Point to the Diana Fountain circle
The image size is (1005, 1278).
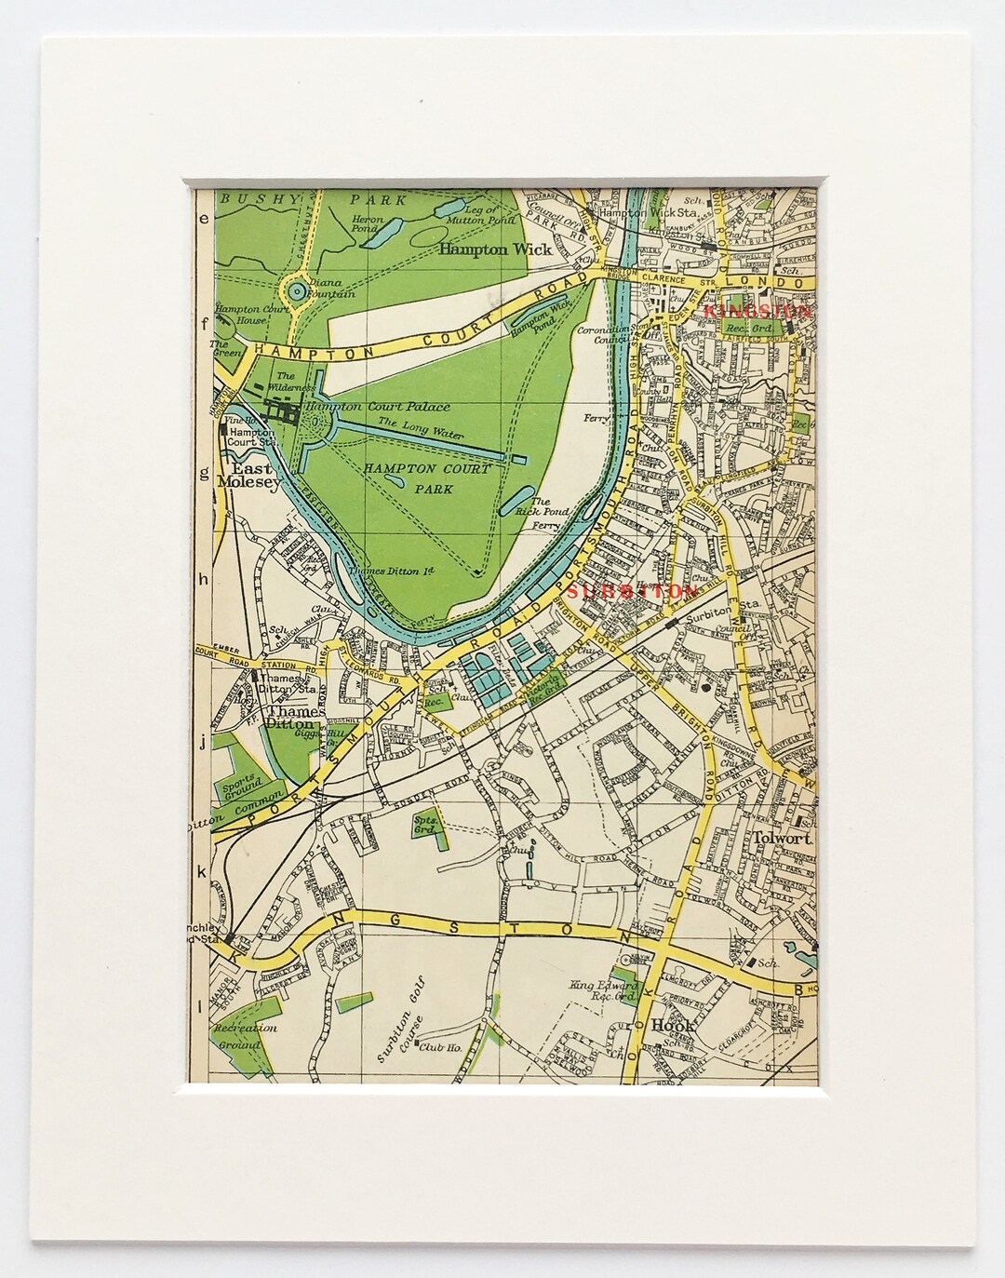(296, 266)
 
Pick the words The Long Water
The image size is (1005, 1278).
(413, 424)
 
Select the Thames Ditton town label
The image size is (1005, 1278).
(292, 705)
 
